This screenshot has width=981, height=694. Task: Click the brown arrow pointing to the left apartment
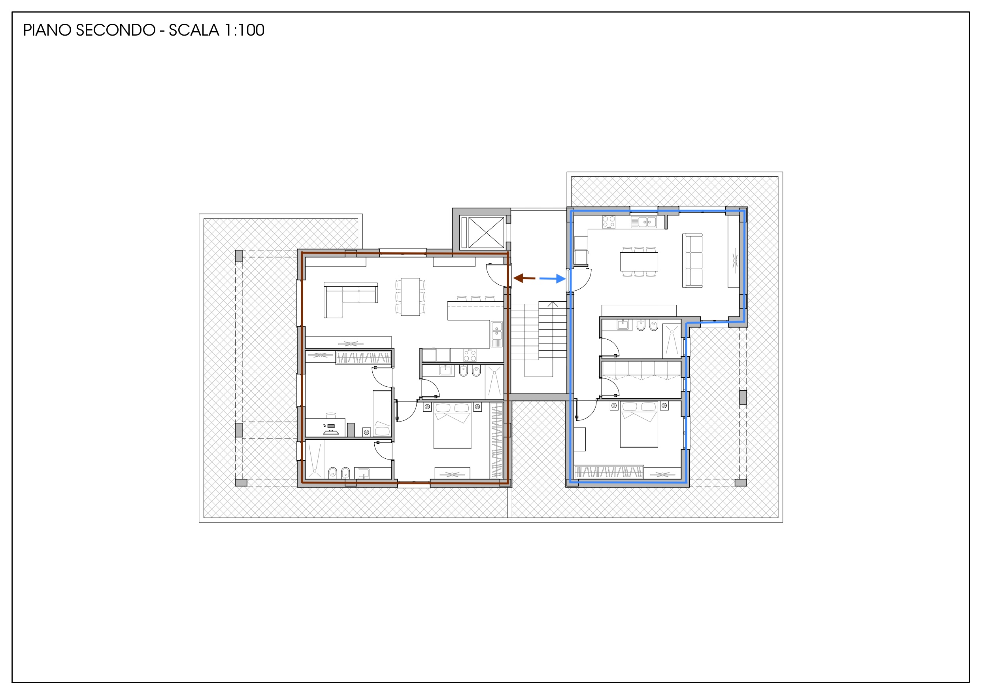pos(524,278)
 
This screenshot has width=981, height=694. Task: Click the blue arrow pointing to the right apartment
pos(553,279)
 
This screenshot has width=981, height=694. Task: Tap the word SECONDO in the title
pos(115,30)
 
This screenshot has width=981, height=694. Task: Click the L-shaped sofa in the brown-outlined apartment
pos(350,300)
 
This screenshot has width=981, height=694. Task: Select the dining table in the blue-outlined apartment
pos(639,262)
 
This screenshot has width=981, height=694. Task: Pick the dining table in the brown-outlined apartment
pos(410,297)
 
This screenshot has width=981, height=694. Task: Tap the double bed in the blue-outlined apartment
pos(639,425)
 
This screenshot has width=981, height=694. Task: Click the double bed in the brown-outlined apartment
pos(452,425)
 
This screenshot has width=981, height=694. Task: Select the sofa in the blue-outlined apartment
pos(692,261)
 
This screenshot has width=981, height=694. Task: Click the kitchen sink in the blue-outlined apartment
pos(644,222)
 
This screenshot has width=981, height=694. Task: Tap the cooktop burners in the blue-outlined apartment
pos(609,222)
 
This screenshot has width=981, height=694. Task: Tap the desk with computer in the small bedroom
pos(325,427)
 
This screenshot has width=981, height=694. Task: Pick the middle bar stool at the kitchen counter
pos(475,299)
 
